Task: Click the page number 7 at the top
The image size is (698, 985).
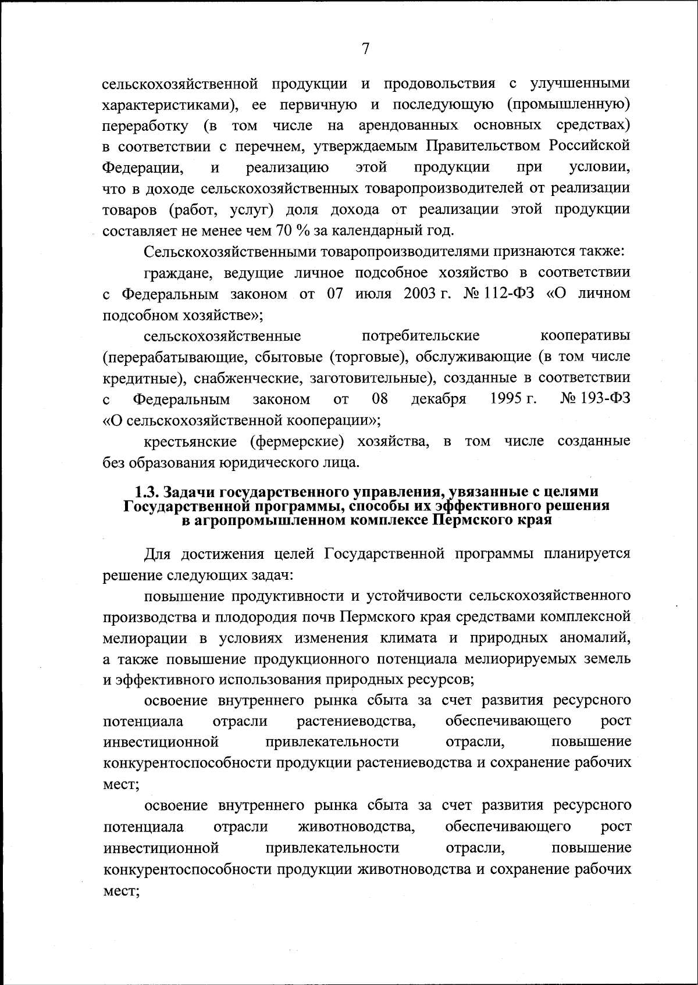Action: click(x=365, y=49)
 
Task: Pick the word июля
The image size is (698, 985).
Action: click(x=372, y=294)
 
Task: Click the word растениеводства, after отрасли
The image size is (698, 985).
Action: click(x=356, y=722)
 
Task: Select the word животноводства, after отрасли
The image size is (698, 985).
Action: click(x=356, y=826)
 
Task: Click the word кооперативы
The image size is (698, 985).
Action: click(x=585, y=336)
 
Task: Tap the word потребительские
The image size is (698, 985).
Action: click(x=421, y=336)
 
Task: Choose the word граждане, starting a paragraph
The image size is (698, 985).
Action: click(x=180, y=273)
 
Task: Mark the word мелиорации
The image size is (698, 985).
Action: click(x=145, y=638)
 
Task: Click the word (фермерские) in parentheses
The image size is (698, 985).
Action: click(x=297, y=441)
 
